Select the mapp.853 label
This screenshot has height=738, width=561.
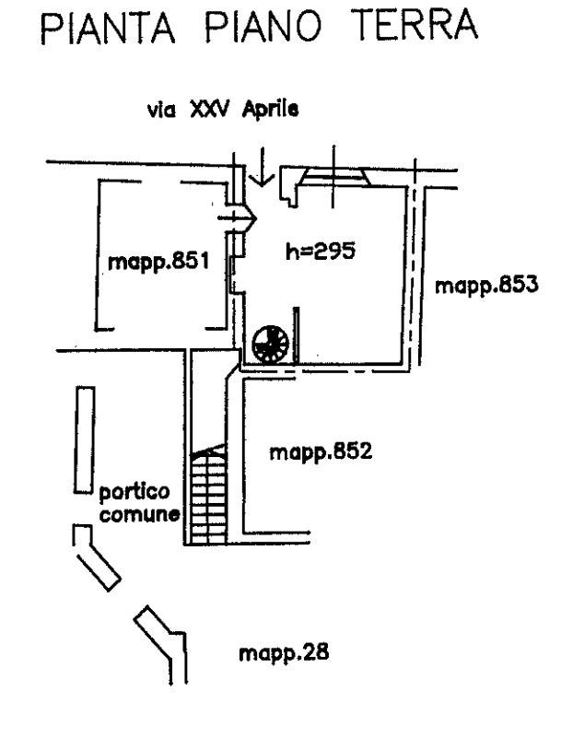coord(486,286)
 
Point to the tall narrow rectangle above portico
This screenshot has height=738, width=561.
coord(85,439)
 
